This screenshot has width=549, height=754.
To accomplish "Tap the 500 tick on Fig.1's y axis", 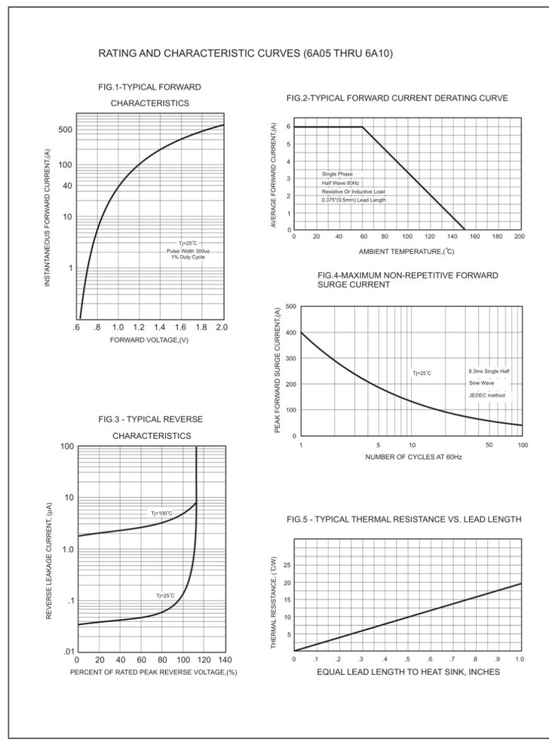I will tap(66, 130).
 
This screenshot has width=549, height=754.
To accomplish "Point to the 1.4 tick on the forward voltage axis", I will tap(160, 328).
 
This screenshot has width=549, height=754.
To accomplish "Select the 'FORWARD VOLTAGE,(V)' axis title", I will tap(149, 341).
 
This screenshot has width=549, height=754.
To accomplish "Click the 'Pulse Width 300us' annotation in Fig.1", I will tap(188, 250).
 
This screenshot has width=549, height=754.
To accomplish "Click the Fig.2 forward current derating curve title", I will tap(397, 98).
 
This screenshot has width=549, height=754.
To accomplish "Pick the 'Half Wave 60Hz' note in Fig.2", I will tap(341, 183).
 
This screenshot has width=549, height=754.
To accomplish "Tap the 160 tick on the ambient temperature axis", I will tap(475, 236).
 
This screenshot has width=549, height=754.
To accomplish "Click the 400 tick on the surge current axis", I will tap(291, 333).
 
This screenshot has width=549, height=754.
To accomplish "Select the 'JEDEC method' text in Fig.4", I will tap(488, 395).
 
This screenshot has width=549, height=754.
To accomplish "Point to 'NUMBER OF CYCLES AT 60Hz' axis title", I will tap(413, 457).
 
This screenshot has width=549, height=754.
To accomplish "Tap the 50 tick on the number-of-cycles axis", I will tap(489, 445).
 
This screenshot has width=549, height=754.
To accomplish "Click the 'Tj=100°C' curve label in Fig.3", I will tap(161, 513).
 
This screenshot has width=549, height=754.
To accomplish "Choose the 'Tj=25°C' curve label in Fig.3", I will tap(165, 596).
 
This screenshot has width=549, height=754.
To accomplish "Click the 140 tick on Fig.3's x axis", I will tap(225, 659).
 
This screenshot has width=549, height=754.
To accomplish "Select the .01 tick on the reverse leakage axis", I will tap(66, 651).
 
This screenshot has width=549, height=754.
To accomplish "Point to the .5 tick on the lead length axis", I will tap(407, 659).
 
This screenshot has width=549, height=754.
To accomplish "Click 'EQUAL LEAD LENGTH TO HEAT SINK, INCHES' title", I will tap(408, 672).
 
